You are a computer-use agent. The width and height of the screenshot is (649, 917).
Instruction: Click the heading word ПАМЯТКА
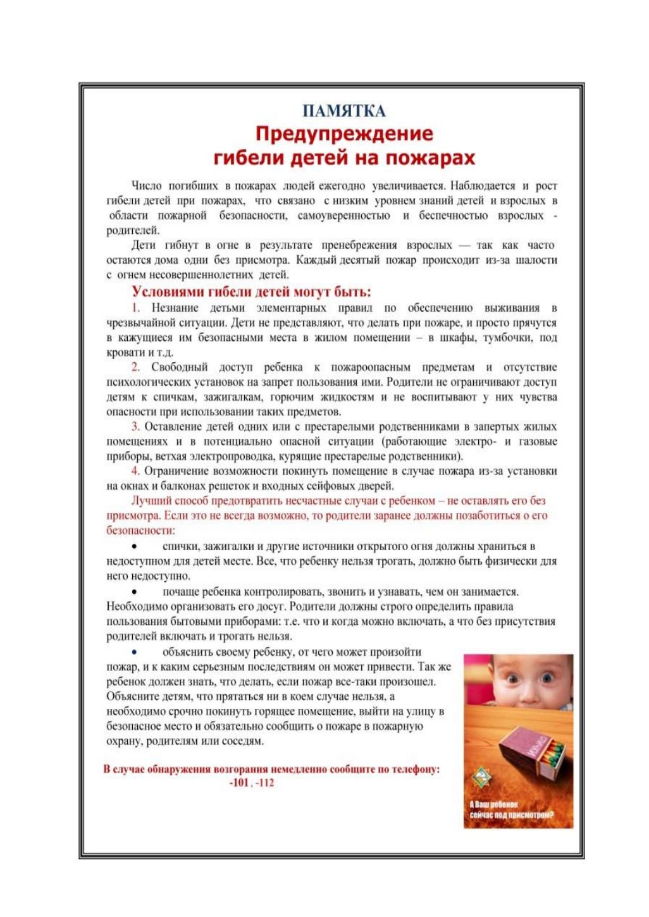(343, 111)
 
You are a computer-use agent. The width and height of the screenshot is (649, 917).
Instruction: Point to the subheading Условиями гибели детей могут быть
(251, 292)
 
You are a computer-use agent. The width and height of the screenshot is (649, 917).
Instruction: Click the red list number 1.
(135, 308)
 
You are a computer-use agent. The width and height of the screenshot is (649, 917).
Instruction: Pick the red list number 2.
(135, 367)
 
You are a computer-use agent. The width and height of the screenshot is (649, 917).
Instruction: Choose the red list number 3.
(135, 427)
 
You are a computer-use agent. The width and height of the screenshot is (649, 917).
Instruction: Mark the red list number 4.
(135, 471)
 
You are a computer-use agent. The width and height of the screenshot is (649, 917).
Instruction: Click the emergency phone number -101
(239, 783)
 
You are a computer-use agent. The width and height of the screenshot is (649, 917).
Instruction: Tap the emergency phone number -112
(265, 783)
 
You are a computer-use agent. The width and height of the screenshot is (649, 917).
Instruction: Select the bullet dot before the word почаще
(134, 592)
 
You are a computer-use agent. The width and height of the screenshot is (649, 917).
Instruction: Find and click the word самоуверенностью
(344, 216)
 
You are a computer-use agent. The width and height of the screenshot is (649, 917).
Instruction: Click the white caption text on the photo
(511, 809)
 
